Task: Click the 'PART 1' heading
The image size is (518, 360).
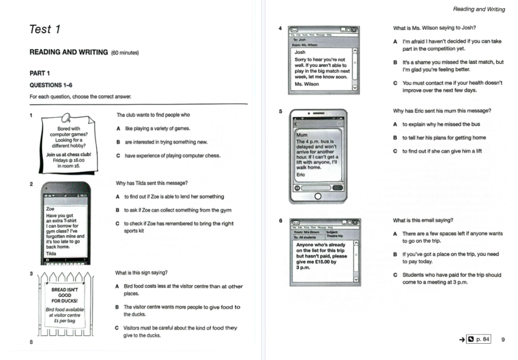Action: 40,73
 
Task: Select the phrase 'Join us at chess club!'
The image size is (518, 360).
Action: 69,155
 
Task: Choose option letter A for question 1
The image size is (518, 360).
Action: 118,128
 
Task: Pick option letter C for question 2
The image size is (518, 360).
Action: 118,224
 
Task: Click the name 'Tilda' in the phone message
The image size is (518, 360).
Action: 51,253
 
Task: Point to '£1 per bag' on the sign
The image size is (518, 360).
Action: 65,321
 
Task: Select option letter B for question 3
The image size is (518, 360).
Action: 118,307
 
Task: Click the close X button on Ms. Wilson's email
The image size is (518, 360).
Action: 354,30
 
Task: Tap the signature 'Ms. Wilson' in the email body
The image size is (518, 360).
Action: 306,84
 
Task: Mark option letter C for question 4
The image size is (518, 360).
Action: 395,83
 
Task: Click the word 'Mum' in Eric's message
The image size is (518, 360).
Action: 302,135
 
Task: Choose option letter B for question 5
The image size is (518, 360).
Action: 395,138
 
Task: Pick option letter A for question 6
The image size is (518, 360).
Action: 395,234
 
